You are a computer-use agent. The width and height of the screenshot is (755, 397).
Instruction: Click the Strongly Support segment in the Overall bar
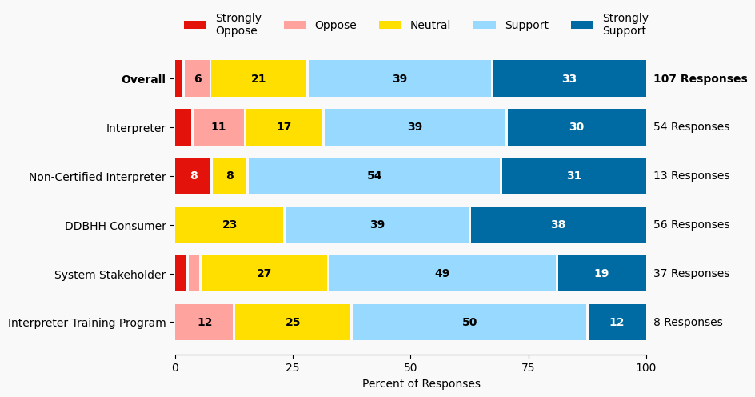tap(569, 78)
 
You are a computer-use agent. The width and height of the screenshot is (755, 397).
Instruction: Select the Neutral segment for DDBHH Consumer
tap(230, 225)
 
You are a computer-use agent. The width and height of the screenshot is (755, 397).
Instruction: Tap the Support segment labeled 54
tap(374, 176)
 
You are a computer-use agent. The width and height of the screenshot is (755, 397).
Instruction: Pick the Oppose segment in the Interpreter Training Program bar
tap(205, 323)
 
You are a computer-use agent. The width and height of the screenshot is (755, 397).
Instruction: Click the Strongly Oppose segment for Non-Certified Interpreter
tap(193, 176)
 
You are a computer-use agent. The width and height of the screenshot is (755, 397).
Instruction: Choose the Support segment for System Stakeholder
tap(442, 274)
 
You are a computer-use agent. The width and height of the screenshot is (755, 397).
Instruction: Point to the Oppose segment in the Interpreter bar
tap(218, 127)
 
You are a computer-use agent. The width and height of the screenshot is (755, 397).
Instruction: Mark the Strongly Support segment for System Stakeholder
tap(601, 274)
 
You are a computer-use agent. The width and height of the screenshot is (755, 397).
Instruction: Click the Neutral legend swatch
tap(390, 25)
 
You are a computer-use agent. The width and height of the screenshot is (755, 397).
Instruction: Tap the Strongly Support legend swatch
tap(582, 25)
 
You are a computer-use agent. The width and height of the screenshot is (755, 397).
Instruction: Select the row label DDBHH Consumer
tap(115, 226)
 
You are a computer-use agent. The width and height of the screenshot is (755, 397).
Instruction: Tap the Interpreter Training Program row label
tap(87, 323)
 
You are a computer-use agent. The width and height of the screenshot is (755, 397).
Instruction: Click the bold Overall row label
tap(143, 79)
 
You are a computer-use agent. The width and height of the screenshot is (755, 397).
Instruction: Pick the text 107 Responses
tap(700, 78)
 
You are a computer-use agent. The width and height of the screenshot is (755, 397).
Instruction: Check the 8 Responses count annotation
tap(688, 323)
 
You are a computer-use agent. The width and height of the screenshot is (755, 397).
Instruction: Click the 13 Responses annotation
tap(691, 176)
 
